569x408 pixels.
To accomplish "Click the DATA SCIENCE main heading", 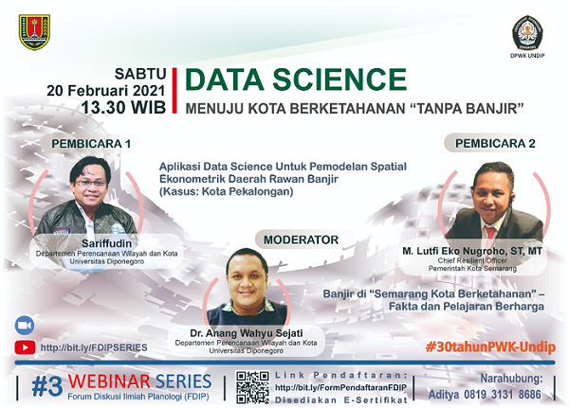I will [295, 80].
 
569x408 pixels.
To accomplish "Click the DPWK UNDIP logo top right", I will [528, 34].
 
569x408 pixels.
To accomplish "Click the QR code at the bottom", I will [252, 387].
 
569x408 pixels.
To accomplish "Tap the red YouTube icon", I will [23, 347].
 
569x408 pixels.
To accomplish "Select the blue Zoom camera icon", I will [23, 326].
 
